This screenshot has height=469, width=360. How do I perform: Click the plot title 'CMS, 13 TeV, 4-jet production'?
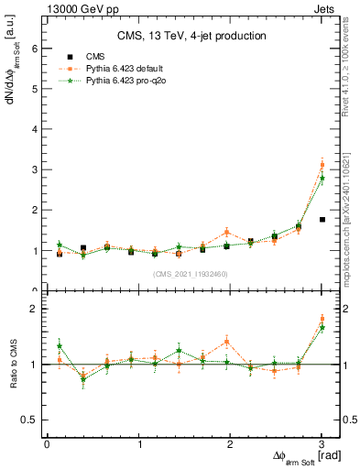pyautogui.click(x=191, y=36)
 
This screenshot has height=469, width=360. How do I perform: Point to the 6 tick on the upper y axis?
pyautogui.click(x=34, y=49)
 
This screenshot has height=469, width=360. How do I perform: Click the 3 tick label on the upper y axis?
pyautogui.click(x=34, y=170)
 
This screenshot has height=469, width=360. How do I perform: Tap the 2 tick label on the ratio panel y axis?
pyautogui.click(x=34, y=309)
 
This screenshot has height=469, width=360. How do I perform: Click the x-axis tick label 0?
pyautogui.click(x=47, y=444)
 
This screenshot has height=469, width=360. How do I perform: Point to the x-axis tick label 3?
pyautogui.click(x=322, y=444)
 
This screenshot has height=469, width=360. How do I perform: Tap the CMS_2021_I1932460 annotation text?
pyautogui.click(x=191, y=274)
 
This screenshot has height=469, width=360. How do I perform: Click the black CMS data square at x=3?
pyautogui.click(x=322, y=220)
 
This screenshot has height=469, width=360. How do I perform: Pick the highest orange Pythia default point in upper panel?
pyautogui.click(x=322, y=165)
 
